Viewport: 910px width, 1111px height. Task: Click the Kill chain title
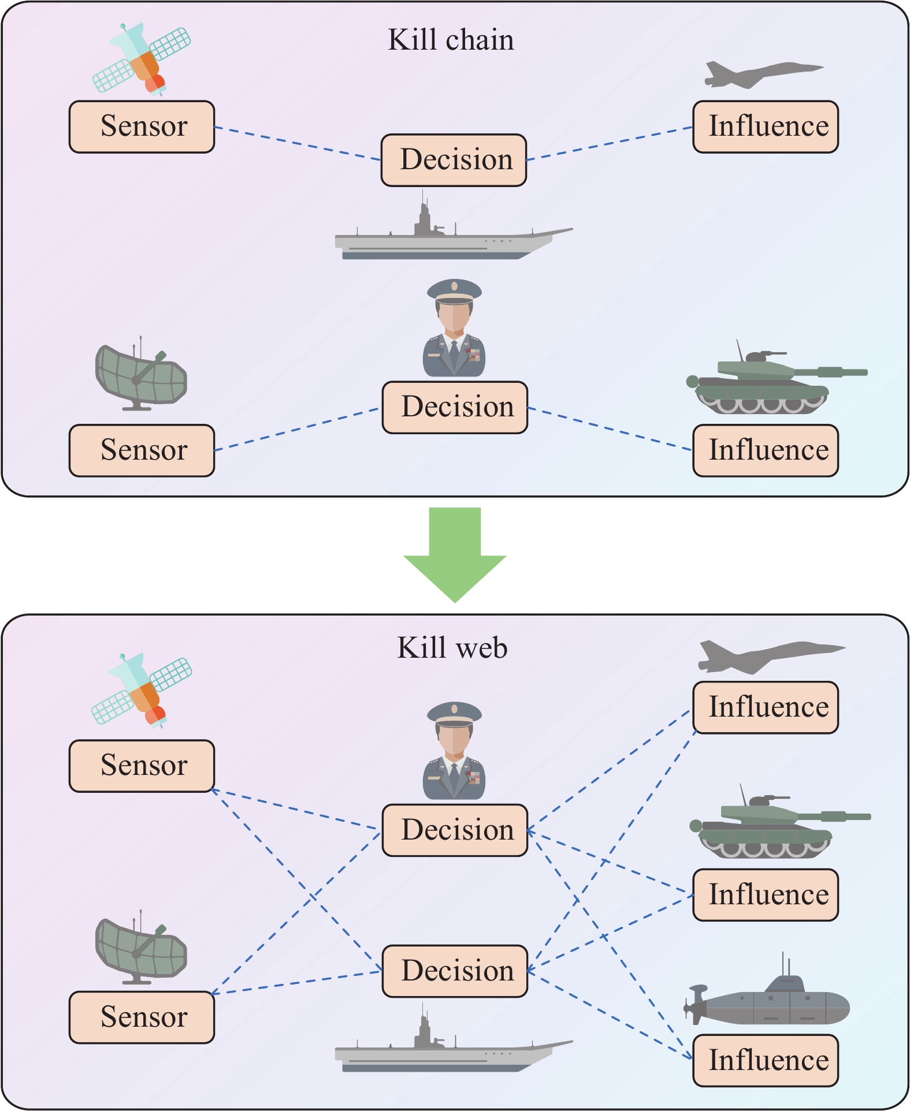[x=451, y=40]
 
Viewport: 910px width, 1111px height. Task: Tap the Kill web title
[x=452, y=648]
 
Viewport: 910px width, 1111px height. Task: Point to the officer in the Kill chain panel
[x=454, y=329]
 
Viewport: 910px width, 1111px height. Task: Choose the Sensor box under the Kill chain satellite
[x=142, y=127]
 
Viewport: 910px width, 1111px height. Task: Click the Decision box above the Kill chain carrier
[x=454, y=161]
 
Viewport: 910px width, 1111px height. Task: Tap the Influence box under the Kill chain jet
[x=766, y=127]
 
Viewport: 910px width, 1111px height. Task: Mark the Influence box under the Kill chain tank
[x=766, y=451]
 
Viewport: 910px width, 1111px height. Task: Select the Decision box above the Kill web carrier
[x=455, y=971]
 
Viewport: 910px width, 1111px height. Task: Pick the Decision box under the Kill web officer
[x=455, y=830]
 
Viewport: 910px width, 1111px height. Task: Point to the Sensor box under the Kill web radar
[x=142, y=1017]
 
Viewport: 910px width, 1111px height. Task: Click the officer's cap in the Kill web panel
[x=455, y=714]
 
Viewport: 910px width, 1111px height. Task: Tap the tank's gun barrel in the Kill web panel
[x=841, y=817]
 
